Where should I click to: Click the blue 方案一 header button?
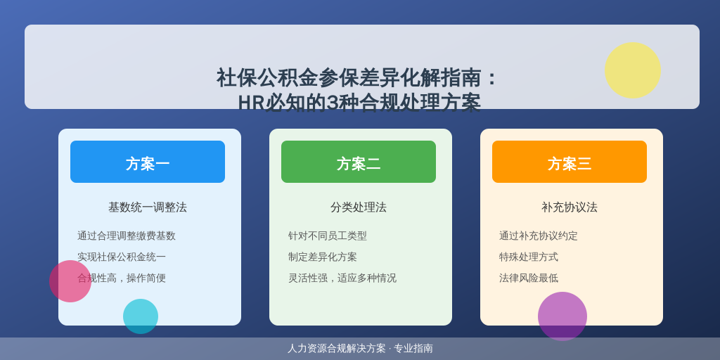click(148, 162)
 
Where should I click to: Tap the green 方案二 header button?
click(358, 162)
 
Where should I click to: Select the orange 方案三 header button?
click(570, 162)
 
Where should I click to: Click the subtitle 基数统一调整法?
click(148, 207)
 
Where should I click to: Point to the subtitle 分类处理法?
click(358, 207)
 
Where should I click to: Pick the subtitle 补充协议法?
click(570, 207)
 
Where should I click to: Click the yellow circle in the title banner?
click(632, 70)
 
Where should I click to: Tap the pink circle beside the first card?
click(70, 281)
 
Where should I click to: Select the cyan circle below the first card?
click(141, 316)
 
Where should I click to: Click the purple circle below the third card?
click(562, 316)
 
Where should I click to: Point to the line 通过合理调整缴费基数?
click(127, 236)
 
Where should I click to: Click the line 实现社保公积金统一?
click(121, 257)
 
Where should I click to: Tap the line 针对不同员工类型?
click(328, 236)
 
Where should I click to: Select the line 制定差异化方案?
click(322, 257)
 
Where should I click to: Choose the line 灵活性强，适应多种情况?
click(342, 278)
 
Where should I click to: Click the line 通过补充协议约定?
click(538, 236)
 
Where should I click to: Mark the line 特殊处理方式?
click(529, 257)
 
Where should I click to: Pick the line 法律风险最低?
click(529, 278)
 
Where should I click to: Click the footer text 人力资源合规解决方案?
click(337, 349)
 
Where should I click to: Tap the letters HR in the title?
click(251, 103)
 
